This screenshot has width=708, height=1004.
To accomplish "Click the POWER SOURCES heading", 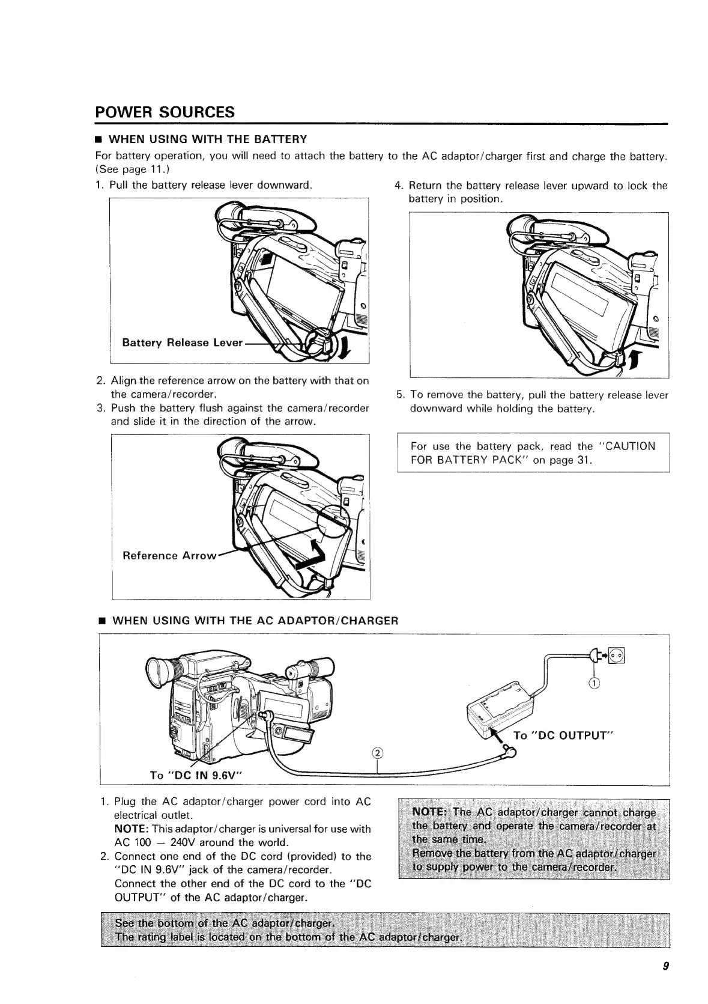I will (x=165, y=112).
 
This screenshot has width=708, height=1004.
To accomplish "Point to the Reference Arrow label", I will (x=169, y=556).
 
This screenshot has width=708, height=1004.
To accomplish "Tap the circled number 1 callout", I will (x=594, y=683).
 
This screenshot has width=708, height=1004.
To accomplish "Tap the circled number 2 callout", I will (x=377, y=753).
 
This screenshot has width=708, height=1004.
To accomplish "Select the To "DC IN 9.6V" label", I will (x=196, y=775).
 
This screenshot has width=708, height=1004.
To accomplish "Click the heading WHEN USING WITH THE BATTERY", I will (x=210, y=139).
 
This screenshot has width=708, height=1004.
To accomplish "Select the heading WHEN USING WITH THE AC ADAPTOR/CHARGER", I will (x=255, y=620).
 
